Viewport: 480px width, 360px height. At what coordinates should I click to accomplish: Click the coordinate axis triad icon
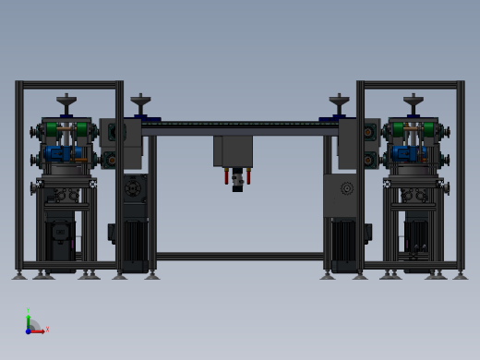(x=33, y=325)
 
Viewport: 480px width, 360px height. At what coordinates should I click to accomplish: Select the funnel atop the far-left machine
(x=66, y=101)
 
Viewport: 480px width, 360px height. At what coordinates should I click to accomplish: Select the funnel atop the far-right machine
(x=413, y=101)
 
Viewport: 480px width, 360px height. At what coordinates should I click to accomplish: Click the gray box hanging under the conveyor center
(x=237, y=150)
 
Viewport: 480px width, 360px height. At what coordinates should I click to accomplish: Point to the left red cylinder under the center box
(x=229, y=176)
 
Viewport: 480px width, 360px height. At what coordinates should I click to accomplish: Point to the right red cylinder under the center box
(x=247, y=176)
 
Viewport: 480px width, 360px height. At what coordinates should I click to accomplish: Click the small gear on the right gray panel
(x=346, y=189)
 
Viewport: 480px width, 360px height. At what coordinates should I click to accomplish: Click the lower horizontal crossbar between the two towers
(x=239, y=256)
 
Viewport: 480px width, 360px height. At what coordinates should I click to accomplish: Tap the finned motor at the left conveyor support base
(x=134, y=244)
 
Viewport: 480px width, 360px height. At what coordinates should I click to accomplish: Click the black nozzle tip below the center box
(x=237, y=185)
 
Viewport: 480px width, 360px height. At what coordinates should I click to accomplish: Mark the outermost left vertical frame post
(x=19, y=175)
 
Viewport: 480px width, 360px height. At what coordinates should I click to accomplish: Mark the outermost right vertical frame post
(x=461, y=175)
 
